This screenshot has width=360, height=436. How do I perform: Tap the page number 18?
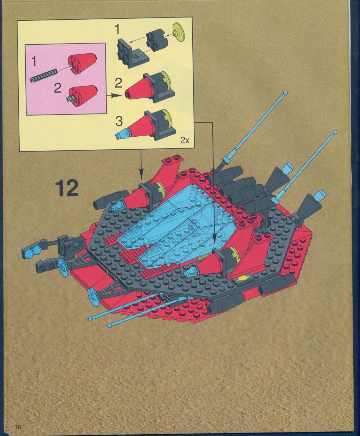point(18,427)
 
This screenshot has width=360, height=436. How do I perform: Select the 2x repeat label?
point(185,141)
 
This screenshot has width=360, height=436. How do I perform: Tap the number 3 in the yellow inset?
point(119,121)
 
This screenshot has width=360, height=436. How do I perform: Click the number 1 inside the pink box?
point(34,61)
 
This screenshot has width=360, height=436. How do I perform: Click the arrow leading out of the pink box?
point(114,96)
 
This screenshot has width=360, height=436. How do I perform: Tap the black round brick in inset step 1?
point(155,42)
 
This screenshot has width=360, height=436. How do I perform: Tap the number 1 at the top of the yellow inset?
point(118,29)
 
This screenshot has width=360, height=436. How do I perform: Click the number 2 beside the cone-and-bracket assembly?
point(118,84)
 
